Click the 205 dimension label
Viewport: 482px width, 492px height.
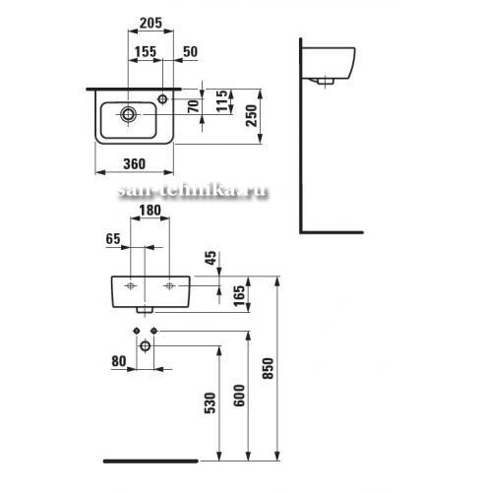(151, 23)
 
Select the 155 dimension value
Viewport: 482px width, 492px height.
(146, 51)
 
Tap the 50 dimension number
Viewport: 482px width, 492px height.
(190, 51)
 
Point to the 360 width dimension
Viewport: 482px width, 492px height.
(134, 163)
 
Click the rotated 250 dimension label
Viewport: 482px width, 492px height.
(252, 115)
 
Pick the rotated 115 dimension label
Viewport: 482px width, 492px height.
(222, 100)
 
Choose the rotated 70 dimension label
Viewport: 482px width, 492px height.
(194, 106)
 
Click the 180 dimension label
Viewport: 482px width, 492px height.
(150, 211)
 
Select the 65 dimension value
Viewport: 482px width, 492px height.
(113, 239)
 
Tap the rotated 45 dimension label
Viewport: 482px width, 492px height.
(211, 258)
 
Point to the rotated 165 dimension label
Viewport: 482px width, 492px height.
(239, 295)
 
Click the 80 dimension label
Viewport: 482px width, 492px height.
(119, 361)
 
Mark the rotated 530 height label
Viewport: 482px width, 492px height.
(211, 402)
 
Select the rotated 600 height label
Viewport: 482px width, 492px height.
(239, 396)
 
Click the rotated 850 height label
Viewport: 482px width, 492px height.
(268, 368)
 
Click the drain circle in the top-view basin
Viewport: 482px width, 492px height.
(128, 114)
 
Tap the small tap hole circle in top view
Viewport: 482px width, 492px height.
(162, 98)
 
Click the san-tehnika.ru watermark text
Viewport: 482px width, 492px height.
(193, 191)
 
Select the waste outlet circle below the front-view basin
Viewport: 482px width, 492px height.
(145, 345)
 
